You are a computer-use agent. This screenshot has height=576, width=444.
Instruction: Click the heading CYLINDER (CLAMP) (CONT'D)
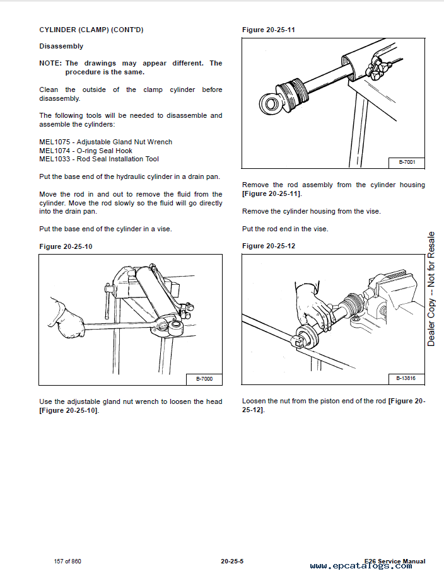pyautogui.click(x=91, y=30)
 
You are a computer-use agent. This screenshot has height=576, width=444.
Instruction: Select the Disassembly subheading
pyautogui.click(x=61, y=46)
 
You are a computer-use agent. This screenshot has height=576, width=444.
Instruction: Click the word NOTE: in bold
pyautogui.click(x=50, y=63)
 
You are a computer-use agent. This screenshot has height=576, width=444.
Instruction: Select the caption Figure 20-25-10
pyautogui.click(x=66, y=246)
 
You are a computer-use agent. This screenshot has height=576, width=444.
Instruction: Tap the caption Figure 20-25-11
pyautogui.click(x=269, y=30)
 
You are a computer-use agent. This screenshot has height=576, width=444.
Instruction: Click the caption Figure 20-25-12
pyautogui.click(x=269, y=246)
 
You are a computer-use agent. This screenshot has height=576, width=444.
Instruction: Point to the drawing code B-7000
pyautogui.click(x=204, y=379)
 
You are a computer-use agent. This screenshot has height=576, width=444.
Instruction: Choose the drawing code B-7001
pyautogui.click(x=407, y=163)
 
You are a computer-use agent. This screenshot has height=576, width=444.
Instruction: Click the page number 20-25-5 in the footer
pyautogui.click(x=232, y=561)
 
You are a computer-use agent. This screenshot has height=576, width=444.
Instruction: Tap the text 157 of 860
pyautogui.click(x=67, y=561)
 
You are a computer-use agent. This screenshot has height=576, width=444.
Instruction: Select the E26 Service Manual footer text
pyautogui.click(x=395, y=561)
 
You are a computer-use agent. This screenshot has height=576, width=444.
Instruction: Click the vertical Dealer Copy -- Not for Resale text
pyautogui.click(x=431, y=289)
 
